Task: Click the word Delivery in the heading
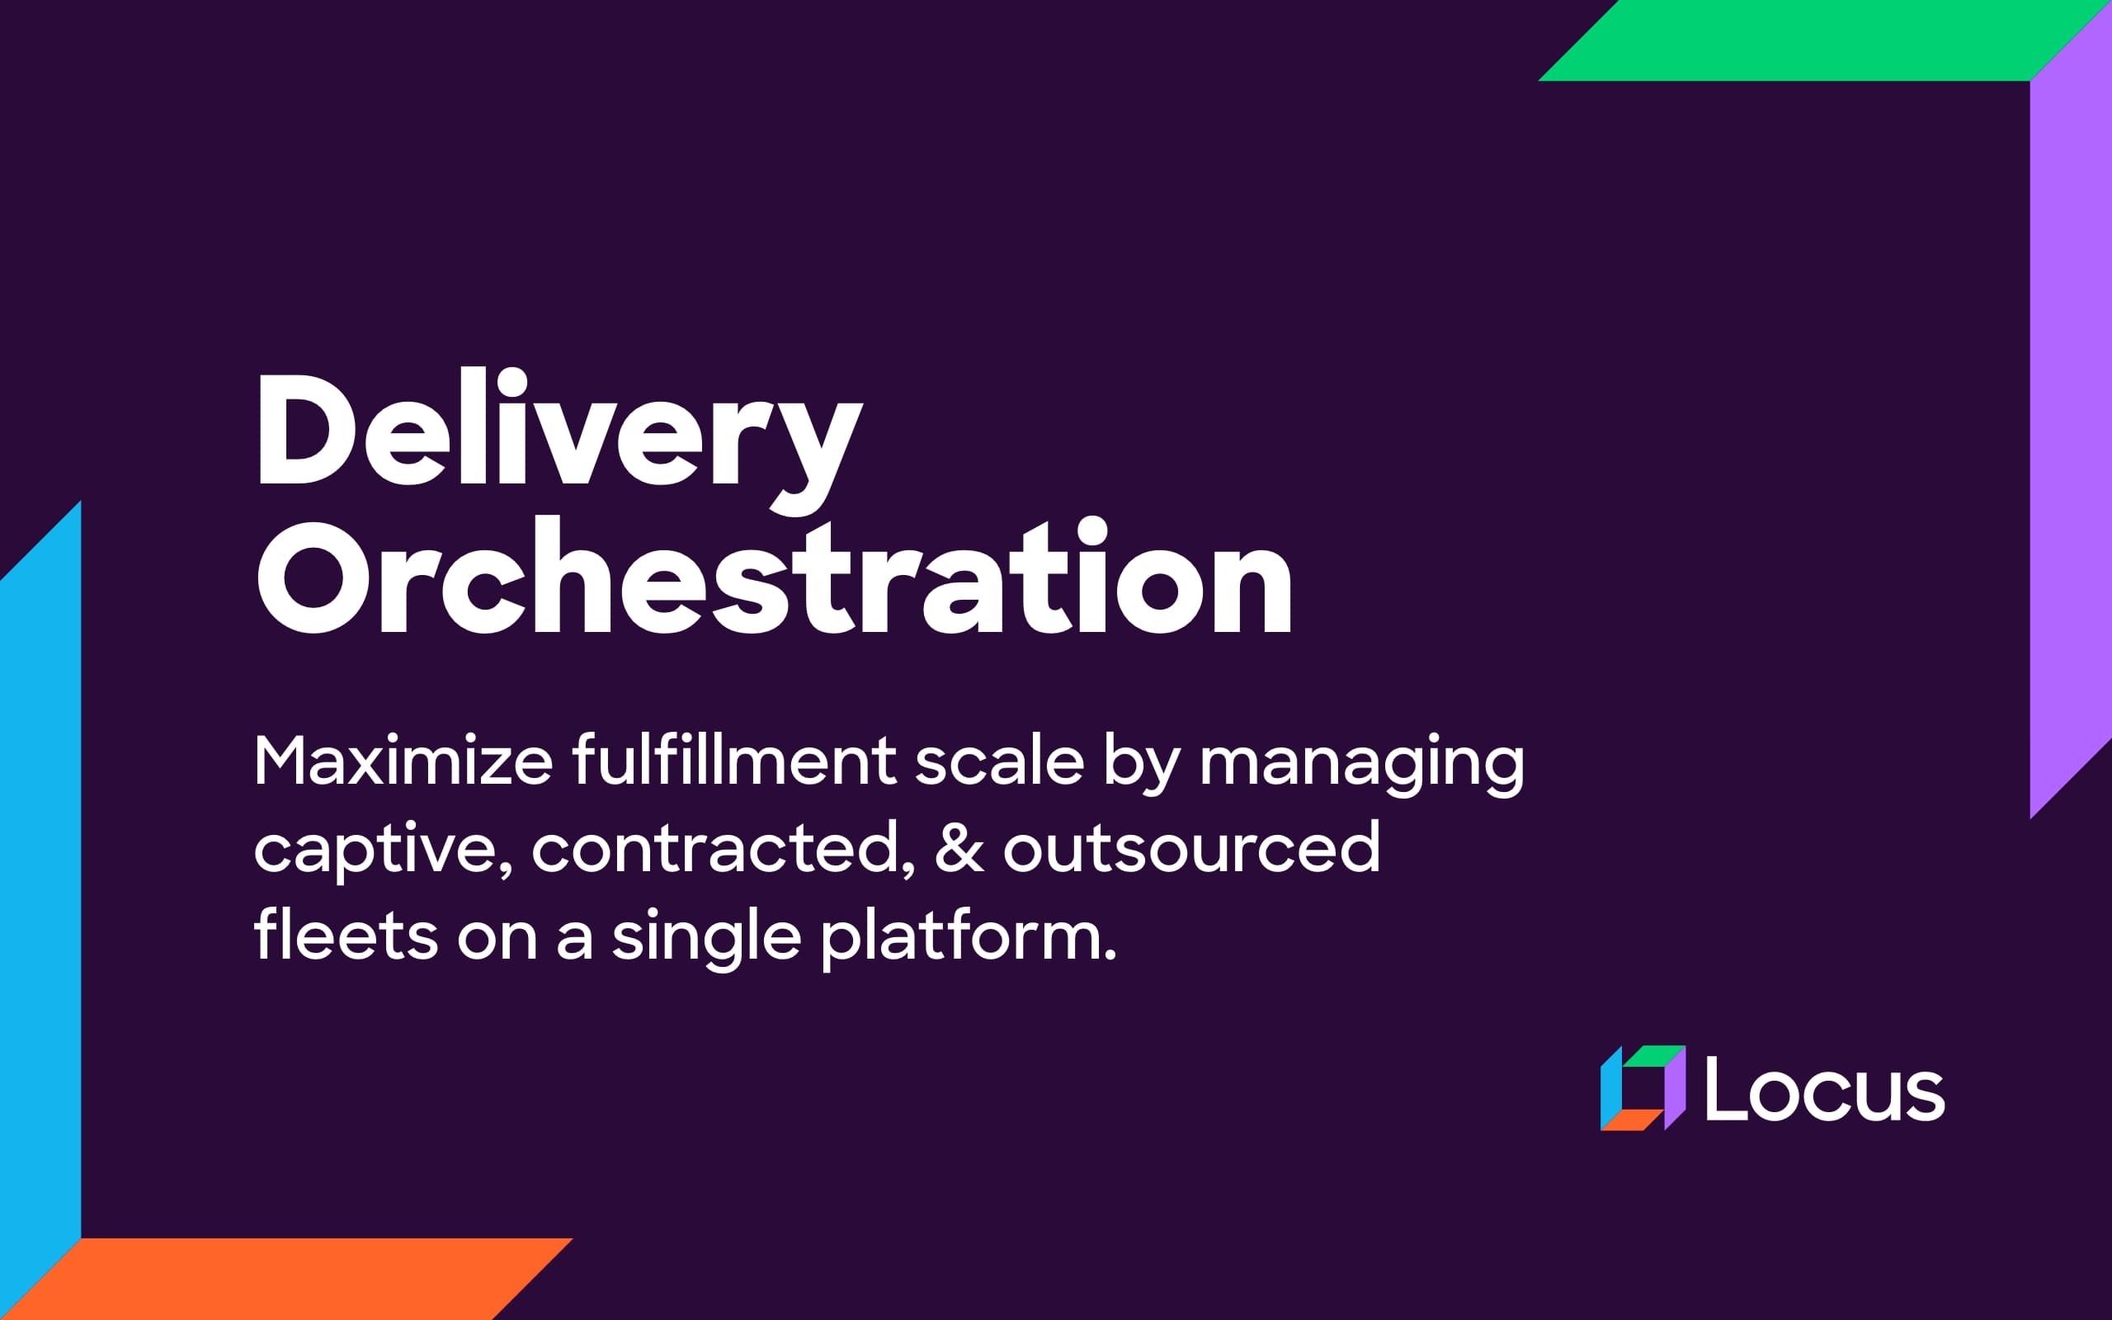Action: tap(559, 432)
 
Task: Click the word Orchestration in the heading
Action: tap(773, 581)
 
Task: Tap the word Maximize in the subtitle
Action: tap(403, 761)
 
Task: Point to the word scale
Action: tap(998, 761)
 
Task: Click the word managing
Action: tap(1361, 764)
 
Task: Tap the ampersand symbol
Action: tap(959, 849)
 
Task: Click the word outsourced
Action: tap(1191, 849)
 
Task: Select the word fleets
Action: tap(346, 936)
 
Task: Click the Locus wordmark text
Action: tap(1824, 1089)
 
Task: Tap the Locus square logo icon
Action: tap(1642, 1088)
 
